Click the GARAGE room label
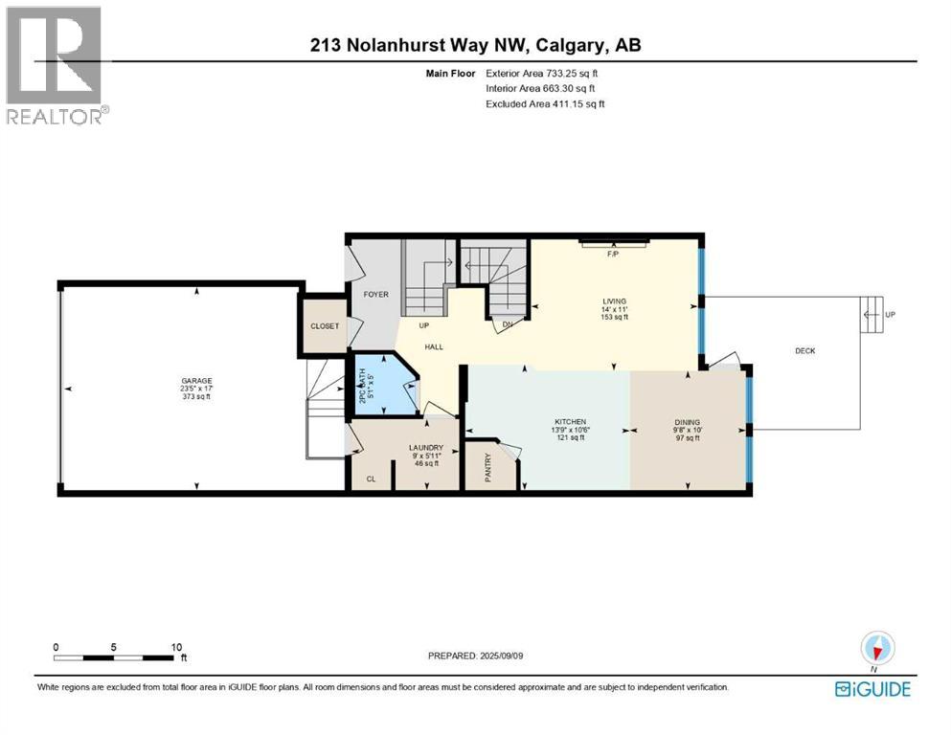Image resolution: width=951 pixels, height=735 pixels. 194,381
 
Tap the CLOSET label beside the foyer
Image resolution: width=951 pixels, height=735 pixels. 325,326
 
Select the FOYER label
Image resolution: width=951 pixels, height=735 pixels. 375,294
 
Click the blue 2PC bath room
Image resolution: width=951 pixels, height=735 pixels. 383,390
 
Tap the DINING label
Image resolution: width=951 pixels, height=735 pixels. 687,422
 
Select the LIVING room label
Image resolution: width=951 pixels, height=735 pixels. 614,301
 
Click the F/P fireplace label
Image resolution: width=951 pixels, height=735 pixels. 614,255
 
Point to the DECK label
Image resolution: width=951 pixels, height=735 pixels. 804,351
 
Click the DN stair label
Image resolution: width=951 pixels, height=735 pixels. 508,324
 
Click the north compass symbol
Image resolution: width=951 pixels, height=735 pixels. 875,650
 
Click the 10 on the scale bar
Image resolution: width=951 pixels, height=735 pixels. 175,647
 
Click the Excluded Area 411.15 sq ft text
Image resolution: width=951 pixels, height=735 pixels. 546,103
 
